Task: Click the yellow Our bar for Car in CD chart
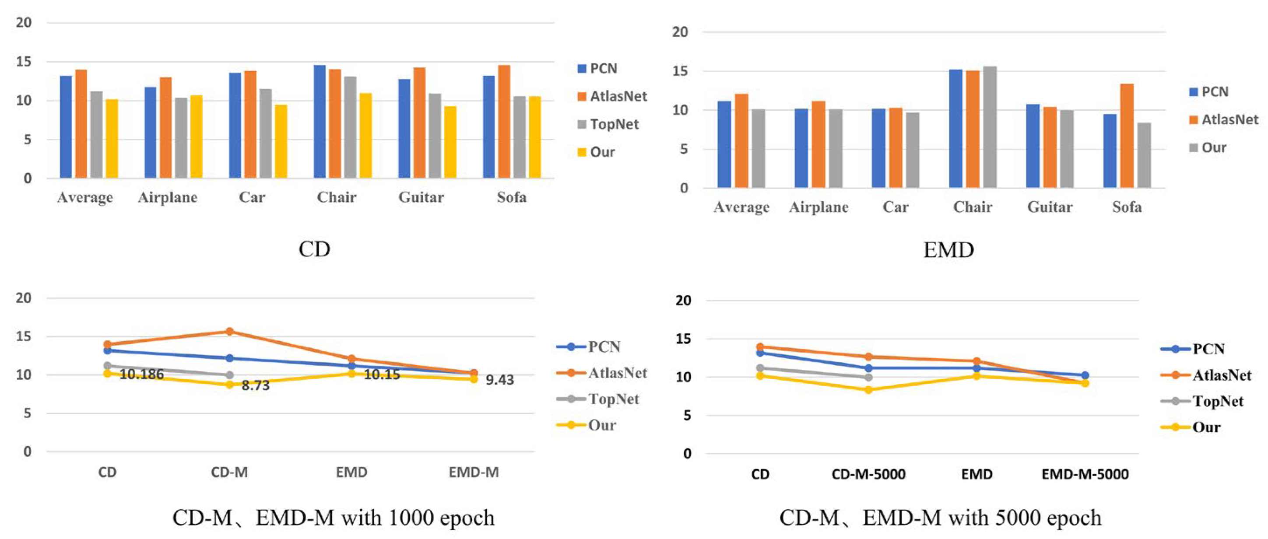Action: (x=281, y=141)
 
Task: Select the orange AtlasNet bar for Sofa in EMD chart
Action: (x=1127, y=136)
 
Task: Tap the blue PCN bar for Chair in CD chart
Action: (x=320, y=122)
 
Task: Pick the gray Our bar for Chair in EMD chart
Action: (x=990, y=127)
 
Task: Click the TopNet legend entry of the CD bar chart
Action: (x=608, y=124)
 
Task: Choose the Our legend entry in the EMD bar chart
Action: (x=1208, y=148)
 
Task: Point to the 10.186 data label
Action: (x=142, y=374)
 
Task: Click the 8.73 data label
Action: (x=256, y=385)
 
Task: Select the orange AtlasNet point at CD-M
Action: (x=229, y=332)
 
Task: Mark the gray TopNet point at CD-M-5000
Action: (x=868, y=378)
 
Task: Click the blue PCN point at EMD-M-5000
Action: (x=1085, y=375)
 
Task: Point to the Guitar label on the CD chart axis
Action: (x=421, y=197)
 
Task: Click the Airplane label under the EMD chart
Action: (x=818, y=207)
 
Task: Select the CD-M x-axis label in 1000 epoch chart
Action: (x=229, y=472)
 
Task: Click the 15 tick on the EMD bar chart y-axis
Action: (x=680, y=71)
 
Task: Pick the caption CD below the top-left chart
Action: (x=314, y=249)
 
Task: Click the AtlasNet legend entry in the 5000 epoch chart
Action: (x=1205, y=375)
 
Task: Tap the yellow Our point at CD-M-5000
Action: (x=868, y=390)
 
